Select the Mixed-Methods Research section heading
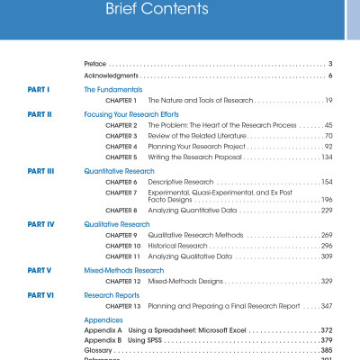tap(124, 270)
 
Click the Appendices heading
tap(103, 319)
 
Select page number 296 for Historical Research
tap(327, 245)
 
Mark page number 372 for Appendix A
tap(327, 330)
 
